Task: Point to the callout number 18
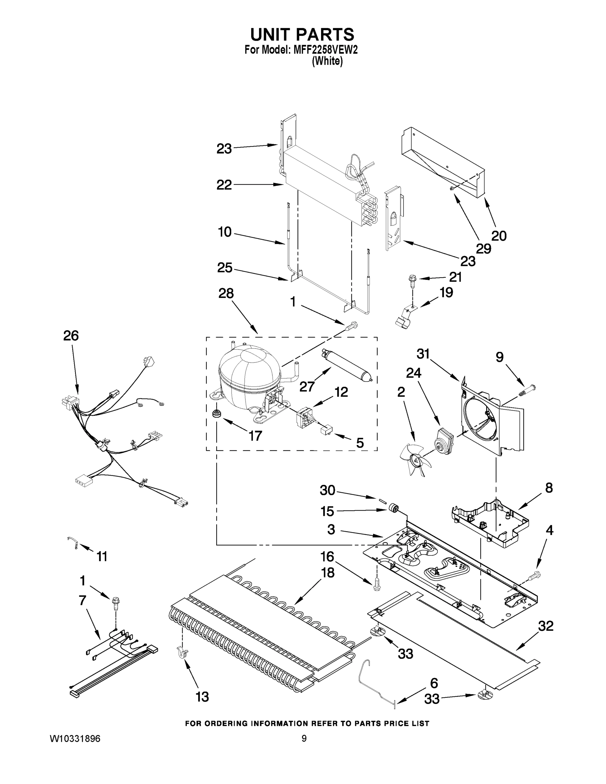[327, 573]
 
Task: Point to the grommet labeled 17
[217, 414]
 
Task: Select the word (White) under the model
[327, 61]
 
